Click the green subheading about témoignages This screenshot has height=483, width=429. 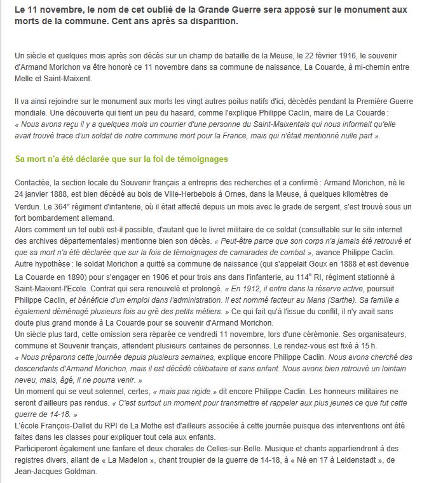coord(121,159)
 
